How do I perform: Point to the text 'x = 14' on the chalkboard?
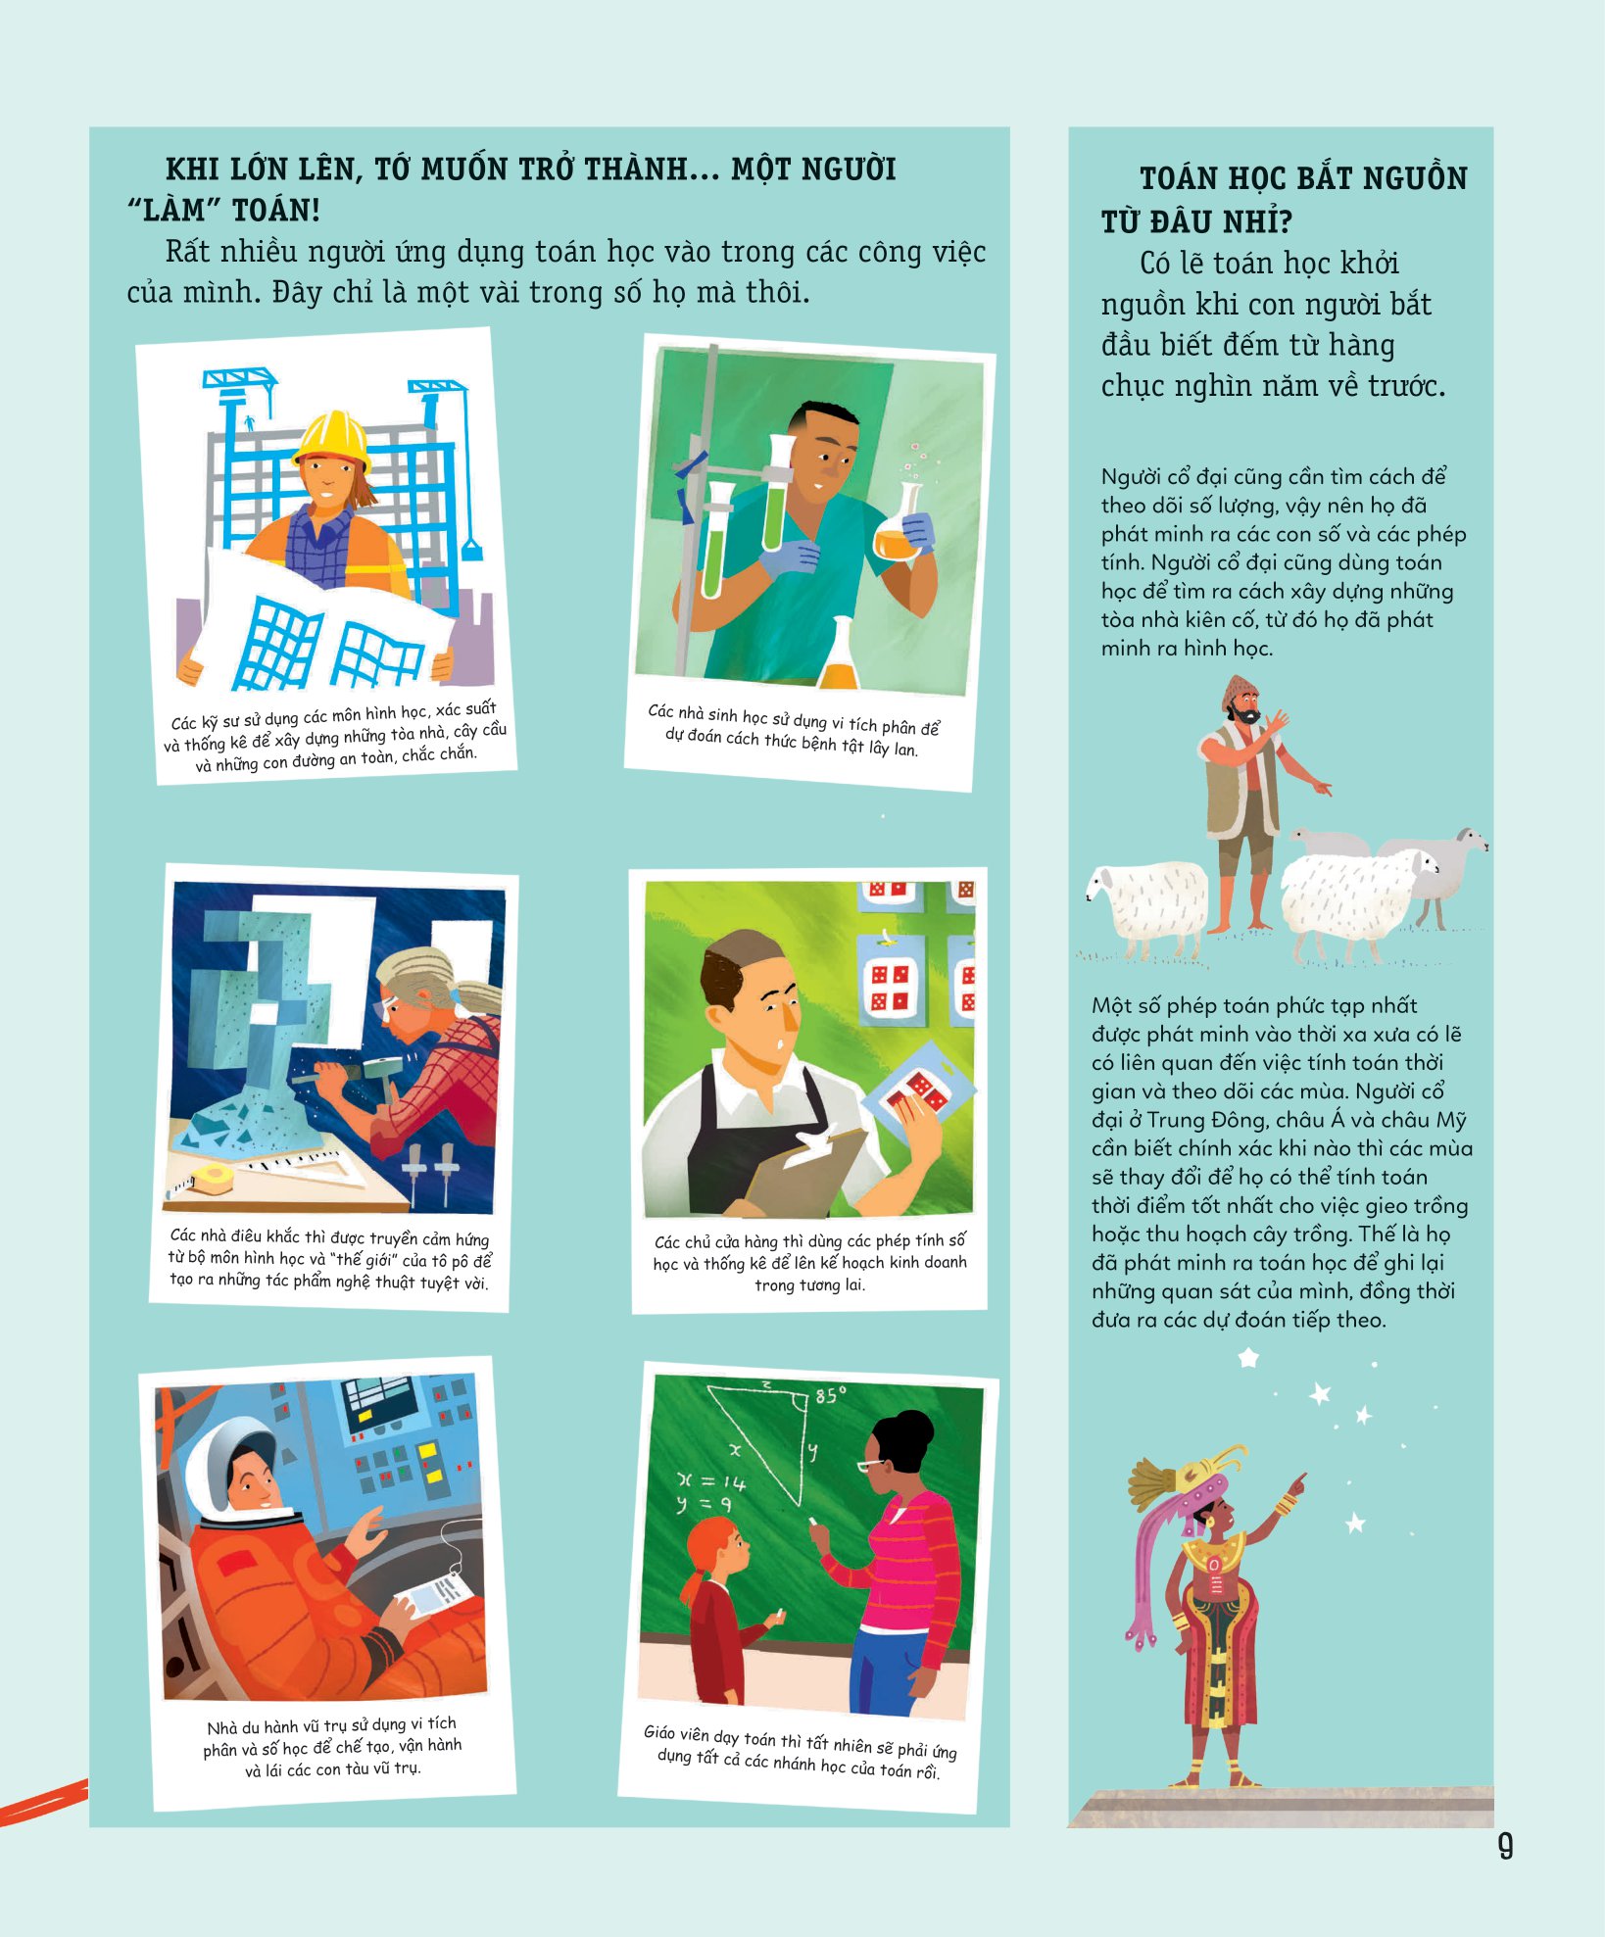711,1481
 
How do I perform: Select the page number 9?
1506,1847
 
